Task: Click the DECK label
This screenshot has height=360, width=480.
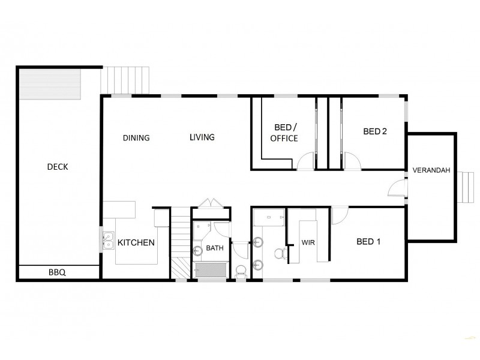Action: (x=58, y=167)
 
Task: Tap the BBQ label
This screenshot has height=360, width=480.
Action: (x=57, y=272)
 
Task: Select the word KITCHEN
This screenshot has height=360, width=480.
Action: (x=136, y=243)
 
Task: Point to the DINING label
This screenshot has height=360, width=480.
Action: (x=136, y=138)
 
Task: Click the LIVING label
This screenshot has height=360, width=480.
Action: (x=202, y=137)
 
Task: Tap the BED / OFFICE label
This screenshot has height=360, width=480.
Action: (x=284, y=133)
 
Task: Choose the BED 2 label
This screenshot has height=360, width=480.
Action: (x=375, y=132)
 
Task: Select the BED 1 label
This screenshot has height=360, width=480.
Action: (x=369, y=242)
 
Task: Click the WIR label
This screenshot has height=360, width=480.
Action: (x=309, y=243)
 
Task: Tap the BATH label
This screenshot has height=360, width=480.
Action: (x=214, y=247)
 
